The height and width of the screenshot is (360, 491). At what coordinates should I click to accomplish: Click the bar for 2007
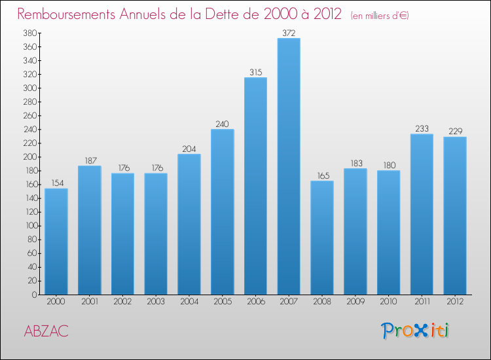289,166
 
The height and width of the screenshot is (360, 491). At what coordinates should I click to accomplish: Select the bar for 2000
56,242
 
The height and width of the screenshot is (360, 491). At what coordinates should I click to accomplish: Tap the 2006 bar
255,186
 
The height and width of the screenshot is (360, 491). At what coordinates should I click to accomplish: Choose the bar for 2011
422,214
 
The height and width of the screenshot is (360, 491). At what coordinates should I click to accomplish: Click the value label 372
289,33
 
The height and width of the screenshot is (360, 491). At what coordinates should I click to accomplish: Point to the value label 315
255,72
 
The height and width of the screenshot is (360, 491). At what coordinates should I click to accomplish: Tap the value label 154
56,183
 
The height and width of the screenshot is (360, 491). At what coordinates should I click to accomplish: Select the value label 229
455,132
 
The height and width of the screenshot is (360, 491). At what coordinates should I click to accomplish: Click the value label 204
189,149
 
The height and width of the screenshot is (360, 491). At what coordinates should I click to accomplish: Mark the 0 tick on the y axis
33,295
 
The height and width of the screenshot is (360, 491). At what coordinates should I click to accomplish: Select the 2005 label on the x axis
222,302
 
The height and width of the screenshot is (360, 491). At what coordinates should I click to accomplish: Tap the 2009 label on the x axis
355,302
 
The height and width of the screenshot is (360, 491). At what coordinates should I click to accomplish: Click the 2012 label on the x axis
455,302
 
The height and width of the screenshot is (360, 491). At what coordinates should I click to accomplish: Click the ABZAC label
46,331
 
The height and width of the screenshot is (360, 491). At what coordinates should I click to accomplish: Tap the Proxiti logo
416,331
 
